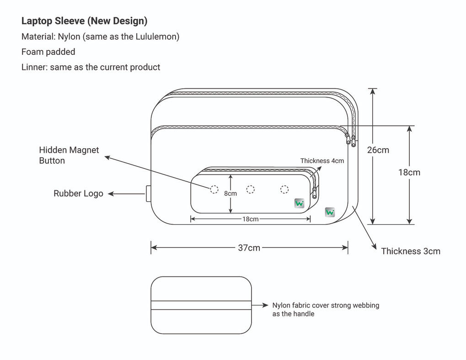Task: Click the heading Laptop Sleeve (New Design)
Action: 84,21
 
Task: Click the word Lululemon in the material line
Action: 157,37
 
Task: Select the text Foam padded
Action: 48,52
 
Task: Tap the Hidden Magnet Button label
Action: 69,155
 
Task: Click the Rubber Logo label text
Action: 78,193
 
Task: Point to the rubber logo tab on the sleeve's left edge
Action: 148,193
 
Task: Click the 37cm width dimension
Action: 249,248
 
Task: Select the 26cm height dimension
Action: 378,150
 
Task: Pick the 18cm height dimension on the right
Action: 409,172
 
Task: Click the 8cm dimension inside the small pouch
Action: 230,193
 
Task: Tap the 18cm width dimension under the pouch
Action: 250,219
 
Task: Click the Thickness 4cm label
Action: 322,161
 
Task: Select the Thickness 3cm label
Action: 410,251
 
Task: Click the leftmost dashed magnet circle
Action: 214,189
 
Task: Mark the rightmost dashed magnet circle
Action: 284,189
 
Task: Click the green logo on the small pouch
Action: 300,204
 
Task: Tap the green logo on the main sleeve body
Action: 330,212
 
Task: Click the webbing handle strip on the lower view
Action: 201,305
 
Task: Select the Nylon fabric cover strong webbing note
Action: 326,309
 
